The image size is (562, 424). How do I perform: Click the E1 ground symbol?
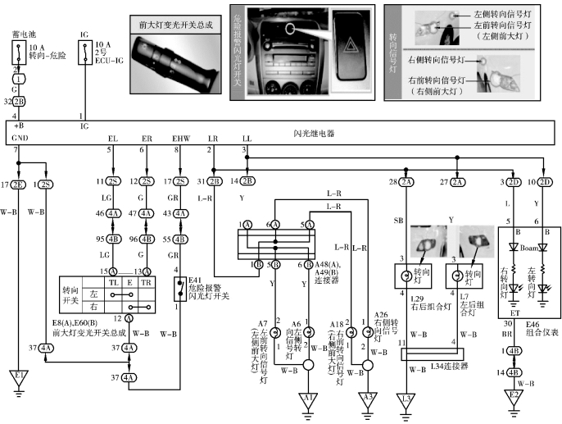coord(17,379)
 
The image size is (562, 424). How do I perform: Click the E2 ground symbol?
coord(514,396)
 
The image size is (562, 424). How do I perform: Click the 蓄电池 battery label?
coord(22,35)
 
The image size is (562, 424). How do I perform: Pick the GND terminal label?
coord(20,140)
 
